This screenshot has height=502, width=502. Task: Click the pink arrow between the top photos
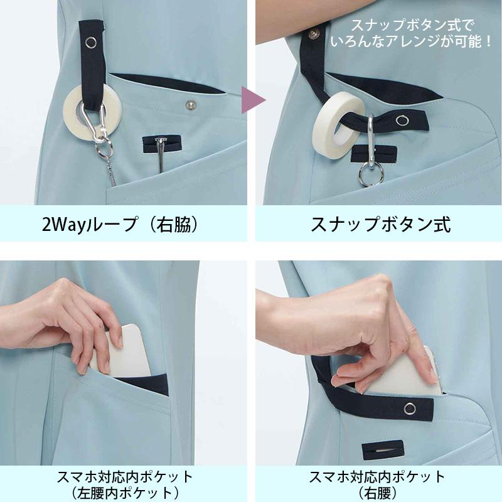pos(252,100)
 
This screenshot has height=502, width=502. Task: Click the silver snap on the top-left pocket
pos(191,104)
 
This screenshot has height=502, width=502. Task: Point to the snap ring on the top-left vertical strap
pos(91,42)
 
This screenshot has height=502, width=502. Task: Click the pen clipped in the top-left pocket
pos(160,154)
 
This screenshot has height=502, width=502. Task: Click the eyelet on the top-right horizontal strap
pos(402,120)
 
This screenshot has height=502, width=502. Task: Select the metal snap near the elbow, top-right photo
pos(314,33)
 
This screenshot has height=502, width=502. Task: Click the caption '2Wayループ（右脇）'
pos(120,224)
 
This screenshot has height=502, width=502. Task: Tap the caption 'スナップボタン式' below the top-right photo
pos(381,224)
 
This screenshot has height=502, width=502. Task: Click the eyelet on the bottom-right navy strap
pos(410,409)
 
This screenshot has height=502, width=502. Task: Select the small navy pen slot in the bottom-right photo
pos(383,450)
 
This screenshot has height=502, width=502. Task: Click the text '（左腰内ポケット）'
pos(124,493)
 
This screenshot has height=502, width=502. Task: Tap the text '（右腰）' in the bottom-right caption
pos(378,493)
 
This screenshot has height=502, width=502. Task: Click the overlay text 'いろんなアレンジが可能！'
pos(411,41)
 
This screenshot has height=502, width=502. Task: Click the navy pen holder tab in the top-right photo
pos(373,154)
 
